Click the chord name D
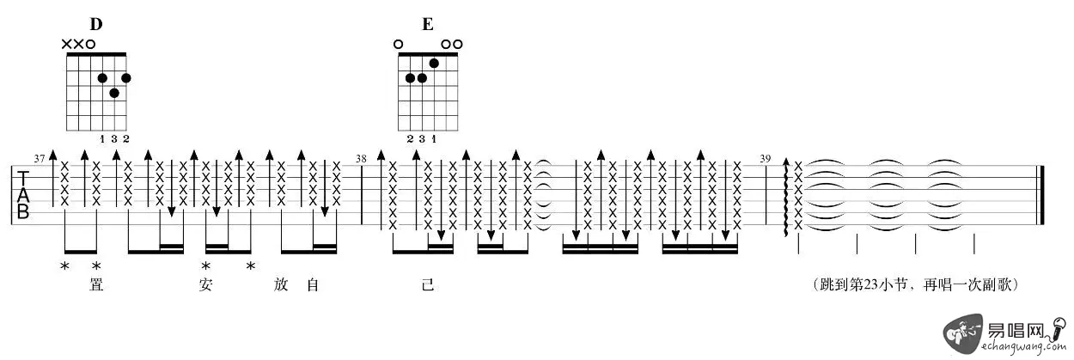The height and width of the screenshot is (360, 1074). click(96, 24)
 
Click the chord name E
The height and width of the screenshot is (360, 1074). click(428, 24)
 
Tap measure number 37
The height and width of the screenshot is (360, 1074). click(40, 159)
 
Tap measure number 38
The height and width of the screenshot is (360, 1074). click(361, 159)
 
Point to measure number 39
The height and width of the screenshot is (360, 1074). click(766, 159)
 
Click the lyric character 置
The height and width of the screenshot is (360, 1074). click(96, 284)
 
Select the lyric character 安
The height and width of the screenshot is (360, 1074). click(205, 284)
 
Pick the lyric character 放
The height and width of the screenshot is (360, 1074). click(281, 284)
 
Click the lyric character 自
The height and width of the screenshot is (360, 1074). click(313, 284)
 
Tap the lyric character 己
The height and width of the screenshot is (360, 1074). click(428, 284)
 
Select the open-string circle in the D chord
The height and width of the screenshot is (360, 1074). click(90, 45)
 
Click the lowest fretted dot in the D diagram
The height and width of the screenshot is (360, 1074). click(114, 93)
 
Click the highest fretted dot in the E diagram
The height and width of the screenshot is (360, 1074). click(434, 64)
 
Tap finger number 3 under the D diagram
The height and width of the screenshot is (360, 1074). click(114, 139)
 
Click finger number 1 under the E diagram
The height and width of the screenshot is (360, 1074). click(434, 139)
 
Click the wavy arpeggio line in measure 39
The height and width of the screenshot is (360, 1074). click(786, 197)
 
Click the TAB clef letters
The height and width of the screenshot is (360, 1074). click(23, 195)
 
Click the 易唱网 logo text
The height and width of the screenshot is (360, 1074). click(1015, 330)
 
